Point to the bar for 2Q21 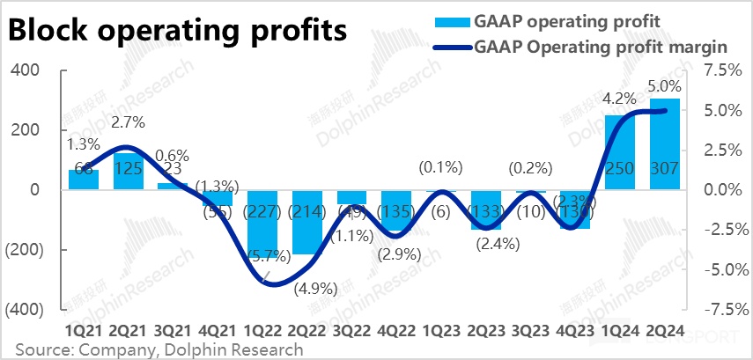(x=129, y=172)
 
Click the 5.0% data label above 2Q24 (x=664, y=87)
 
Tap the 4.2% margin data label (x=619, y=98)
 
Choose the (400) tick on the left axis (x=26, y=310)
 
